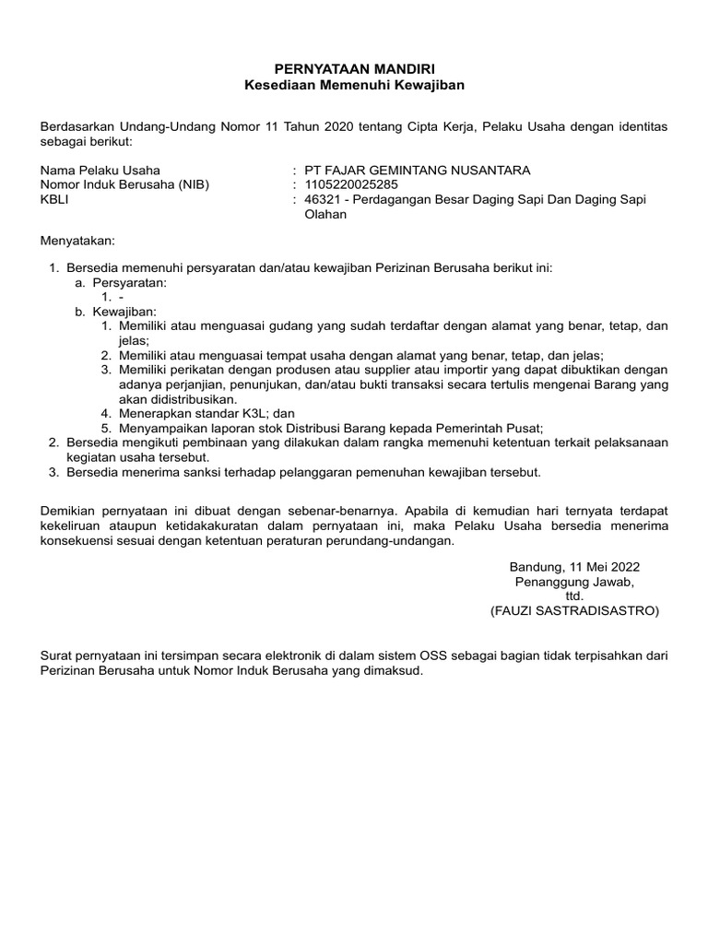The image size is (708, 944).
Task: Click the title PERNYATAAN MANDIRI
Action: coord(354,69)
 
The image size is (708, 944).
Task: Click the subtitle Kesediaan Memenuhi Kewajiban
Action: coord(354,85)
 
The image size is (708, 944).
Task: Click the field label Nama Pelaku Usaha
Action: coord(100,170)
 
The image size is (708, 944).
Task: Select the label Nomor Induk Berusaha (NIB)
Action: coord(125,184)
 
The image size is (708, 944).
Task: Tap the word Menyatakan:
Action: coord(78,241)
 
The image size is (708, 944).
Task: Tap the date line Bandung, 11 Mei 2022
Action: coord(574,567)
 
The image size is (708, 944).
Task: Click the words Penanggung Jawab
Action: coord(574,582)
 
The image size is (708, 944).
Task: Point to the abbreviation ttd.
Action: coord(574,596)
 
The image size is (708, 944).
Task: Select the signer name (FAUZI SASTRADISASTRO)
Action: coord(574,610)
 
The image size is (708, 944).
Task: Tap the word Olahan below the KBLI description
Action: coord(325,214)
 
